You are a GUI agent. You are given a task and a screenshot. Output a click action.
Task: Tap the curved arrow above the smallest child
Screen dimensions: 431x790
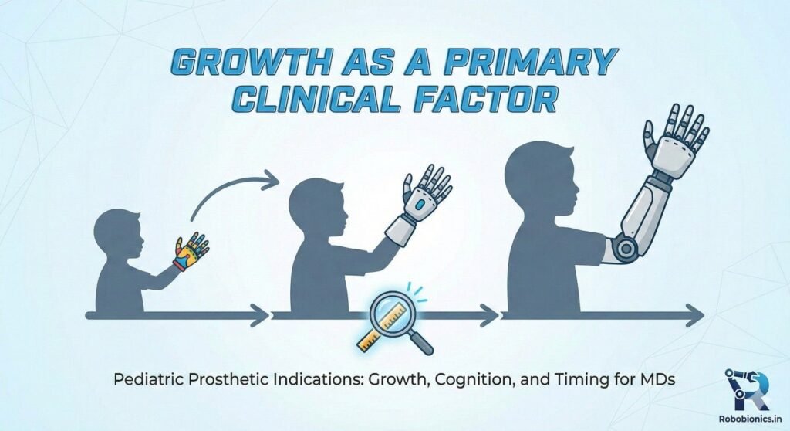tap(231, 193)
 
